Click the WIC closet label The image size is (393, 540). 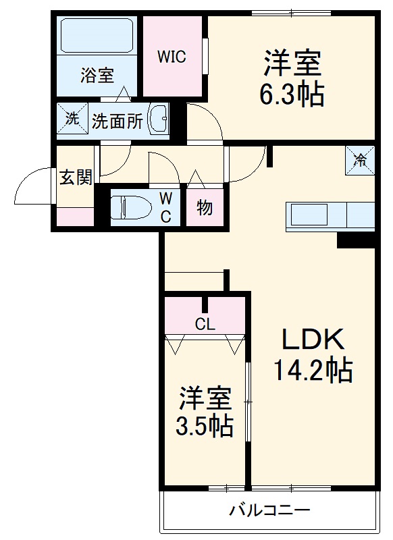click(172, 57)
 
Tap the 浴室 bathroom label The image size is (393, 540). click(97, 76)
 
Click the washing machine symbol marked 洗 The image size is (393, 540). click(71, 119)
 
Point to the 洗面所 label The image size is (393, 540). click(117, 122)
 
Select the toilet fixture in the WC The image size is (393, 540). click(132, 207)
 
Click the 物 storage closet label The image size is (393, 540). click(205, 207)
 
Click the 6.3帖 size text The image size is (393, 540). click(292, 94)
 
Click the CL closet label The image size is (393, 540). click(205, 324)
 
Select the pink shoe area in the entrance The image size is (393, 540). click(74, 217)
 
